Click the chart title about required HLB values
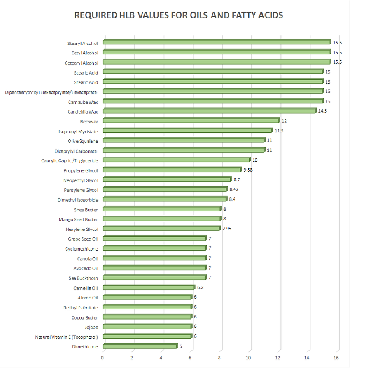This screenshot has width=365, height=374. [x=179, y=15]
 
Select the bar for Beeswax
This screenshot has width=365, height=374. [x=191, y=120]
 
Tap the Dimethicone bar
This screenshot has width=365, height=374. [x=140, y=346]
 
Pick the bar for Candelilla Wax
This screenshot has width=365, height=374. [x=209, y=111]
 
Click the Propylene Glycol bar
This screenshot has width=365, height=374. [x=172, y=170]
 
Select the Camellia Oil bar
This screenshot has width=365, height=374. [x=149, y=287]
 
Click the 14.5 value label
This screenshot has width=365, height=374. [x=323, y=111]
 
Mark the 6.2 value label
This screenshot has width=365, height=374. [x=200, y=287]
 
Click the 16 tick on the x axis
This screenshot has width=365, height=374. [x=336, y=358]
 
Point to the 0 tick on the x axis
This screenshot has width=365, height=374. [x=102, y=358]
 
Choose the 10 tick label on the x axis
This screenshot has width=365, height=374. [x=248, y=358]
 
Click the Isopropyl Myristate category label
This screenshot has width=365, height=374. [x=78, y=131]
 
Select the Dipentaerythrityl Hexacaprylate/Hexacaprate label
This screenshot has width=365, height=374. [x=51, y=92]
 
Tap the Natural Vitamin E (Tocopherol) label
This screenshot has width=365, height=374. [x=67, y=337]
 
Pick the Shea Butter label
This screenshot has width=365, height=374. [x=85, y=210]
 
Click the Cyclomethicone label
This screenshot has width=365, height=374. [x=82, y=248]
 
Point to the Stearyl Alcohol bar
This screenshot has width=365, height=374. [x=216, y=42]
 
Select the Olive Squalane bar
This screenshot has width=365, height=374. [x=184, y=140]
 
